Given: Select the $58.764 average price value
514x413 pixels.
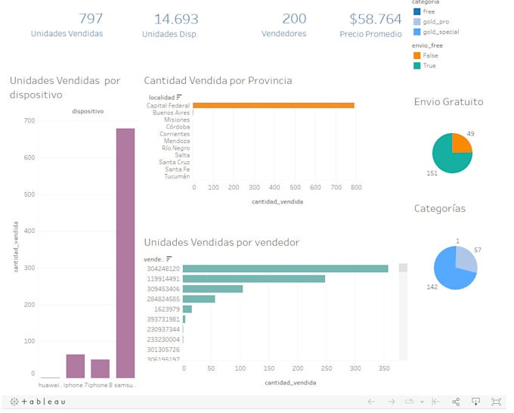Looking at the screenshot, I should pos(376,19).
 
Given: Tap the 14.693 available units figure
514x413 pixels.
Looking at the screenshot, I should pos(175,19).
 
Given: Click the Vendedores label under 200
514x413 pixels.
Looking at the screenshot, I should pos(283,34).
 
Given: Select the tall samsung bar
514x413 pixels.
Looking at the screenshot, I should pos(125,253).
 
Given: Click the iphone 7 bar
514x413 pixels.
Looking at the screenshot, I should pos(76,366).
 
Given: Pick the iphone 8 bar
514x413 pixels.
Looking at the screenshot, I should pos(101,368).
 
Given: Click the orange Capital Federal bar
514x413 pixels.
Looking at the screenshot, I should pos(274,106).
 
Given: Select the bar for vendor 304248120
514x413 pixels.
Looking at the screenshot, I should pos(285,269).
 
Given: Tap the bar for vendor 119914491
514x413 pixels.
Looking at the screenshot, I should pos(253,278).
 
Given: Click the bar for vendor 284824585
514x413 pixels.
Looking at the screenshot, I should pos(199,299).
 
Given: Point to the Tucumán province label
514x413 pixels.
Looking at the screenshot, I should pos(176,176).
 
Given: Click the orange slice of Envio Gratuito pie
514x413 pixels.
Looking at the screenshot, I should pos(460,143).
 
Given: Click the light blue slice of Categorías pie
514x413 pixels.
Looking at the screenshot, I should pos(466,259).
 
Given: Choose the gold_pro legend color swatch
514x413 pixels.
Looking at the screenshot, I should pos(416,22).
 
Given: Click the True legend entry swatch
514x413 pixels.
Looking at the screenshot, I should pos(416,66).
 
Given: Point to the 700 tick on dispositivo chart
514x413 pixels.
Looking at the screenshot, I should pos(29,120).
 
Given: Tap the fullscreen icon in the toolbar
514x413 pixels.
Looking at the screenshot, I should pos(497,402).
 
